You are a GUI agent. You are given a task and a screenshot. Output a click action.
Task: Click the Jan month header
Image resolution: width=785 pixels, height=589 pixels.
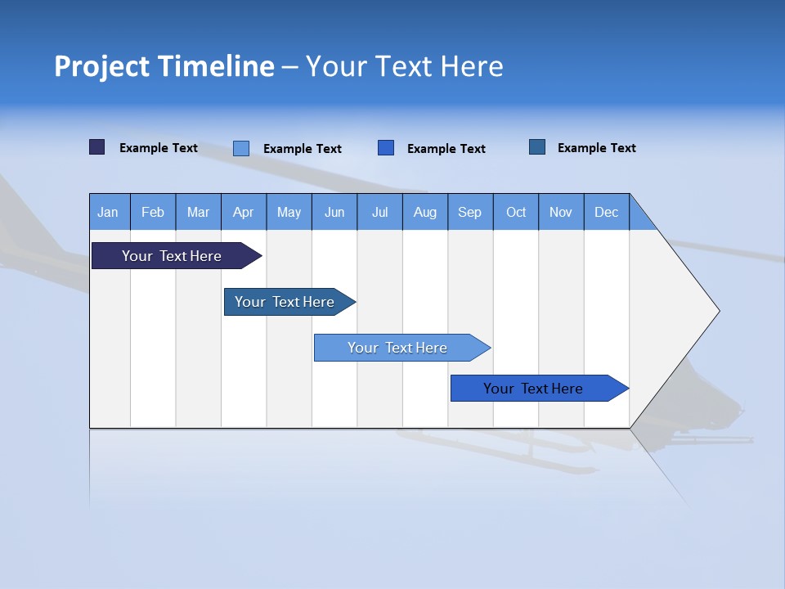(109, 212)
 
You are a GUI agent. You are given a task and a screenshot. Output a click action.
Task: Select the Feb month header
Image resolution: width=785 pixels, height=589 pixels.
(153, 212)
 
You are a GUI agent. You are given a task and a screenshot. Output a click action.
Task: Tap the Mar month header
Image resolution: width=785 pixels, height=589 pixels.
(198, 212)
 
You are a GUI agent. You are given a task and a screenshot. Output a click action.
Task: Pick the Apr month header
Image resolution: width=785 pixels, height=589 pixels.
(244, 212)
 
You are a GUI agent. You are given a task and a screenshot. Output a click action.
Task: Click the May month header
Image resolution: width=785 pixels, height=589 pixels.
(289, 212)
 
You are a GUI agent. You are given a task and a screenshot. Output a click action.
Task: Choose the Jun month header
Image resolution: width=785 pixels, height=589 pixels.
(334, 212)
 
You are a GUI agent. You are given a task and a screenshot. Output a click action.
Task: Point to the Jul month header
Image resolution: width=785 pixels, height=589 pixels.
(379, 212)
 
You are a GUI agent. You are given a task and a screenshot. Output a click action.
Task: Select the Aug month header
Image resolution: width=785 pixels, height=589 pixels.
(425, 212)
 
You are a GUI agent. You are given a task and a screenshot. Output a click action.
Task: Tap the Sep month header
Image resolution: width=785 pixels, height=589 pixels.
(470, 212)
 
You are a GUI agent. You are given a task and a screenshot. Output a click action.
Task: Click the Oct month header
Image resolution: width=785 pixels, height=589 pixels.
(516, 212)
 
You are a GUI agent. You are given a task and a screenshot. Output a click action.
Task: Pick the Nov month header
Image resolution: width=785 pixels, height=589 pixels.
(561, 212)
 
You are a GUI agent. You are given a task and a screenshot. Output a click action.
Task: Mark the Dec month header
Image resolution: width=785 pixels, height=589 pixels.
(607, 212)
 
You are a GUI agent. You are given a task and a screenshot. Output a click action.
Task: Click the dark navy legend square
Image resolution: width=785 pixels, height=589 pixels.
(97, 147)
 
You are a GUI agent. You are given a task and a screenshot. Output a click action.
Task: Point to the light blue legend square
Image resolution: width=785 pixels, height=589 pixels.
(241, 148)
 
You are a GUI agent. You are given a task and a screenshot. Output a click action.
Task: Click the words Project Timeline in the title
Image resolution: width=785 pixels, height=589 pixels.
(164, 66)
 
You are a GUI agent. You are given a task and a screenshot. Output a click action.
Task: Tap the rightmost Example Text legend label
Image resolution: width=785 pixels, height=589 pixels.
(596, 148)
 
